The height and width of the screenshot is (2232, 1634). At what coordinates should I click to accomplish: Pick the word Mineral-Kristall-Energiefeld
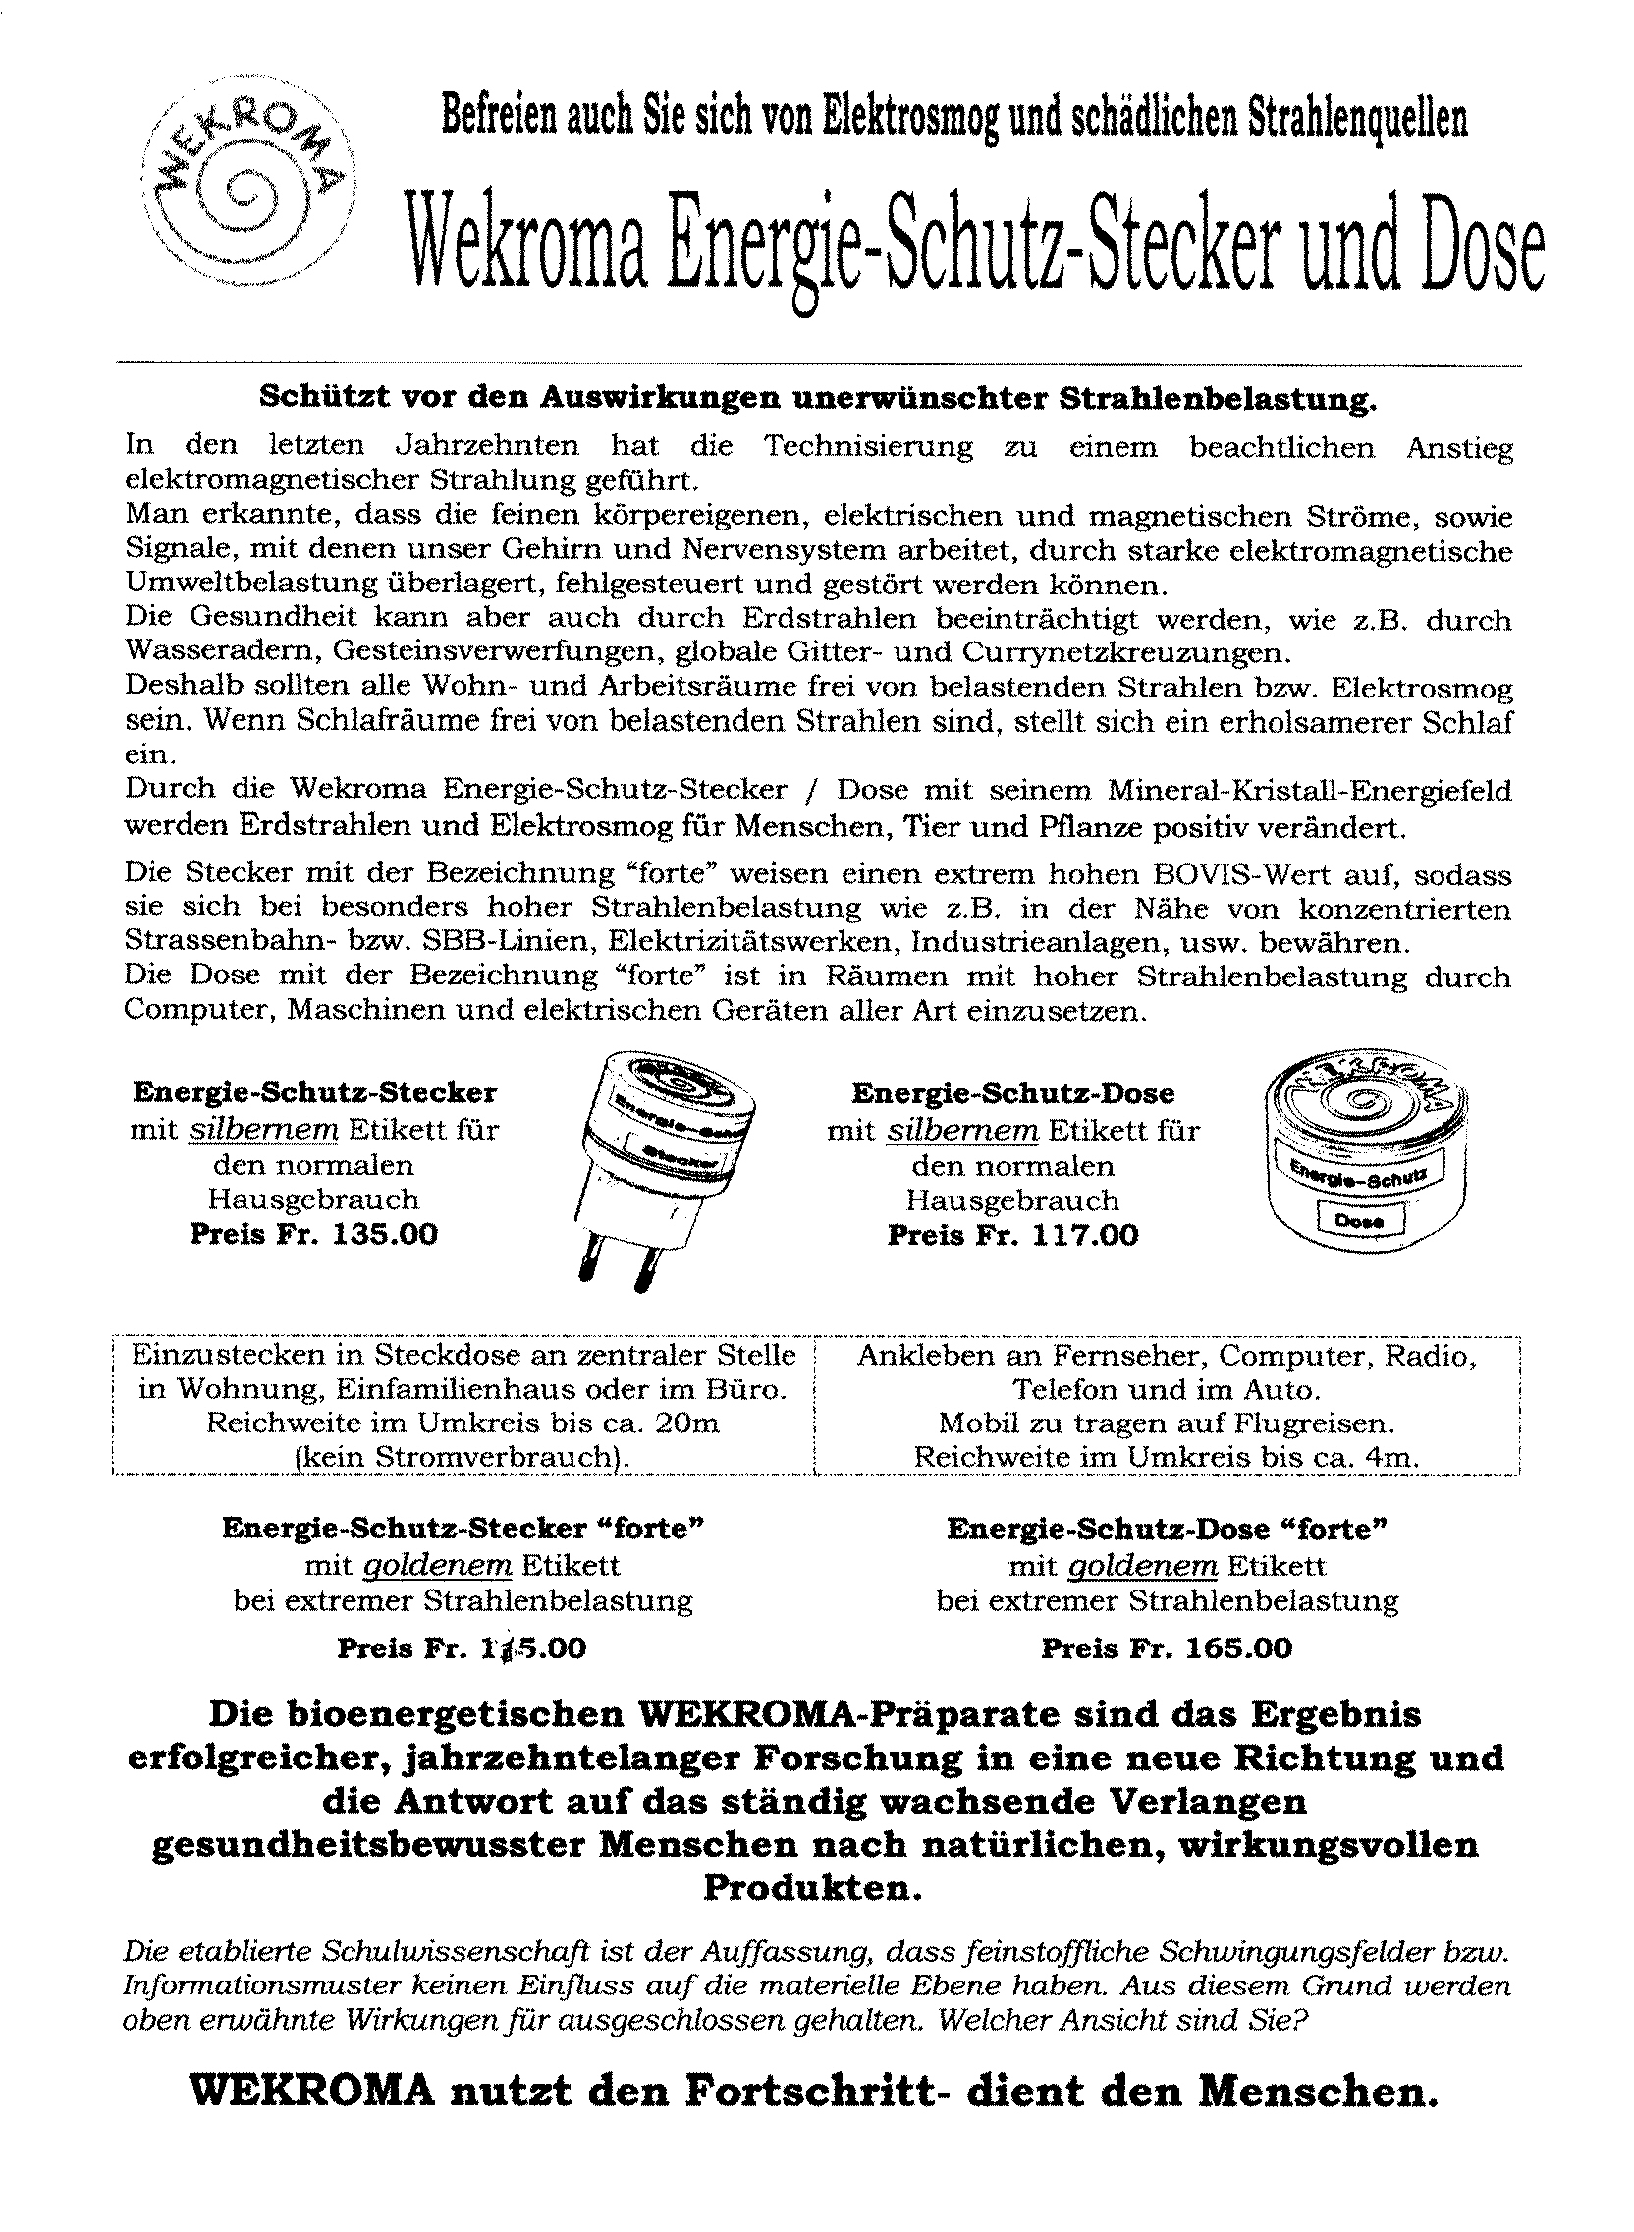click(1310, 792)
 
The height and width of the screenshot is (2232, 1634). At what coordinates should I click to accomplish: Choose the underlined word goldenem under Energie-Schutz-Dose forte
click(1140, 1566)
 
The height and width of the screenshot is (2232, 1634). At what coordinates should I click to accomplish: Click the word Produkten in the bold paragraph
click(812, 1889)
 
